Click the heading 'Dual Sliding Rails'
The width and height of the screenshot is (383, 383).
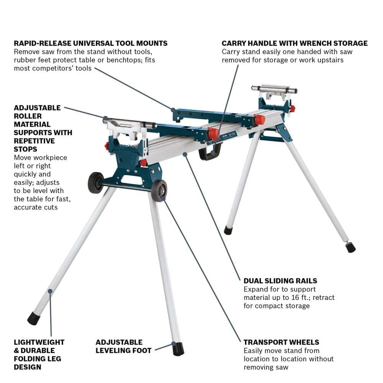coord(280,281)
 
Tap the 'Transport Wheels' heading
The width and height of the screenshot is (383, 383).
coord(281,342)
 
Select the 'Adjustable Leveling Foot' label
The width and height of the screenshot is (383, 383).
coord(119,346)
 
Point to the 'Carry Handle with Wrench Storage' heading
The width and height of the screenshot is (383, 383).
coord(295,43)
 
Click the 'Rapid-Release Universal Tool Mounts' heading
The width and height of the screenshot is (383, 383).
coord(90,43)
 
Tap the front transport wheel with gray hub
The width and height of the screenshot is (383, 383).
coord(159,190)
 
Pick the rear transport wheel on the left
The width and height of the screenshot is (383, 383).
coord(95,182)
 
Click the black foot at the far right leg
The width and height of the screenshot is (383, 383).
coord(350,247)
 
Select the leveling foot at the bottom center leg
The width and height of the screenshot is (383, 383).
coord(178,349)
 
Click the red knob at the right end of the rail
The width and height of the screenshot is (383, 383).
coord(260,119)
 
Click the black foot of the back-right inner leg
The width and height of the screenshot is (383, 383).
coord(228,231)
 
